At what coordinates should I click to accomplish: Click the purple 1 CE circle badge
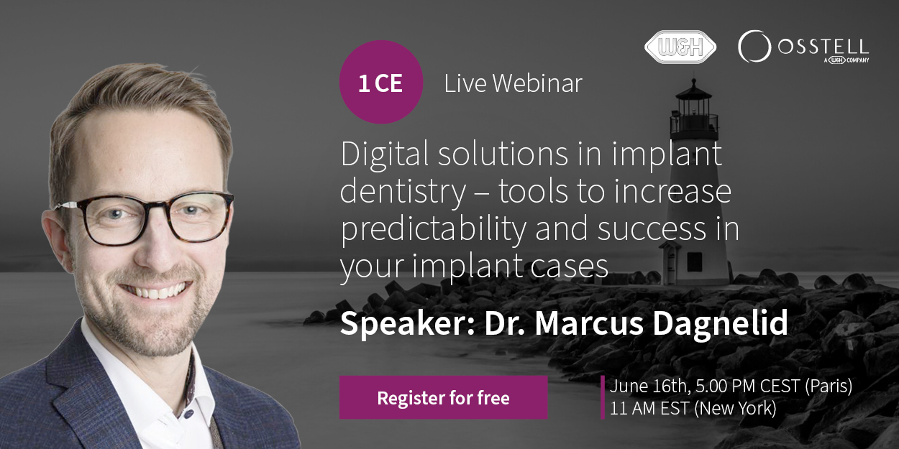click(x=381, y=82)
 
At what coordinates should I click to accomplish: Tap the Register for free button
click(x=444, y=397)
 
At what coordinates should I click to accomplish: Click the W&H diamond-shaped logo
click(x=680, y=47)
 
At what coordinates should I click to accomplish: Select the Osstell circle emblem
click(x=754, y=46)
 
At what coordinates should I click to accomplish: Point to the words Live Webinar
click(x=513, y=83)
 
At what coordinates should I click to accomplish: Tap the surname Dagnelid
click(x=721, y=324)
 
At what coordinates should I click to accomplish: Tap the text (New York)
click(x=735, y=409)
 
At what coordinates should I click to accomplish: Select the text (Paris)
click(x=829, y=386)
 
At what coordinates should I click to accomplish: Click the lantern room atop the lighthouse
click(x=694, y=108)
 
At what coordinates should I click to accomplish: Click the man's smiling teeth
click(x=156, y=292)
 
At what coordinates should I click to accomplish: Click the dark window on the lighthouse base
click(x=694, y=261)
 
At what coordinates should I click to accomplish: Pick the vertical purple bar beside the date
click(x=603, y=397)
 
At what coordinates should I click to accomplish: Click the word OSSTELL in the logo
click(x=823, y=47)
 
